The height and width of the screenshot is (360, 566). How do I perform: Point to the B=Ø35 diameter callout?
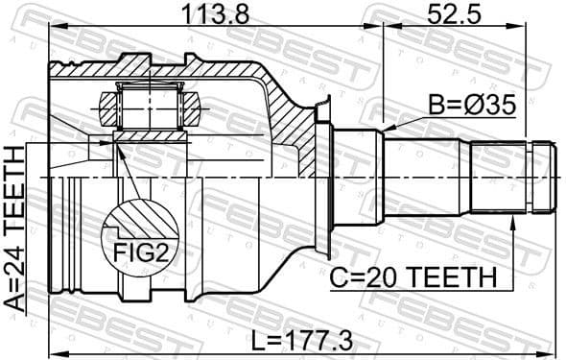click(x=470, y=103)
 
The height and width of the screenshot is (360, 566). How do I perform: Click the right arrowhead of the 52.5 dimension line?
click(x=554, y=30)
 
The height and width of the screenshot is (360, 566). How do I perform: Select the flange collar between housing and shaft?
click(x=332, y=177)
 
